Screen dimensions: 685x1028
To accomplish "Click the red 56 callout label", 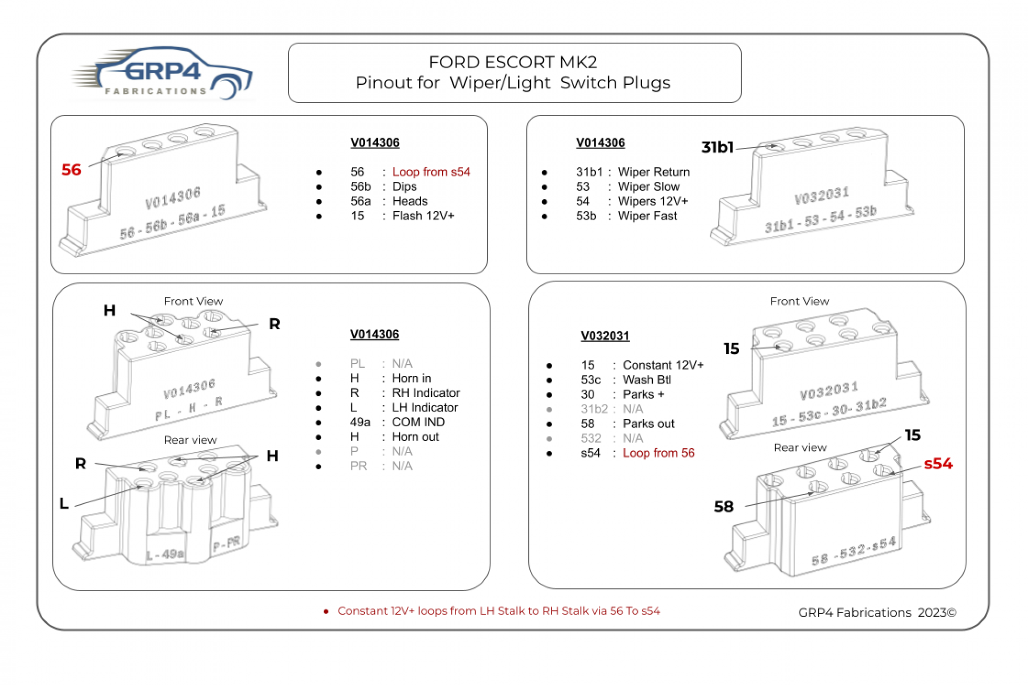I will [x=71, y=170].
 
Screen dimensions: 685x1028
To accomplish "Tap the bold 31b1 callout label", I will [x=718, y=147].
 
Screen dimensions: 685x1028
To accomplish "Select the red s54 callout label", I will [x=938, y=464].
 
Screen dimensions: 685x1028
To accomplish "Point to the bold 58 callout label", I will [x=724, y=507].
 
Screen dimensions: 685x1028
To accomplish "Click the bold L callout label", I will [x=64, y=503].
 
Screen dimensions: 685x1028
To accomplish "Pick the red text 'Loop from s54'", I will [x=431, y=172].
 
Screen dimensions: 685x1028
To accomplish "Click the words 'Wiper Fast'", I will [x=647, y=216].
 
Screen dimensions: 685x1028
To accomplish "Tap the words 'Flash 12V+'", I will [x=423, y=216].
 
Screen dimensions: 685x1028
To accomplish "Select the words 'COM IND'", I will [x=418, y=422].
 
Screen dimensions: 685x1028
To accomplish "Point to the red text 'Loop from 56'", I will [x=658, y=453].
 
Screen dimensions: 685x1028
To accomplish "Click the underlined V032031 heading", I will [x=605, y=336].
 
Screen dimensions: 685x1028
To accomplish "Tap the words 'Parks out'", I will [x=648, y=424].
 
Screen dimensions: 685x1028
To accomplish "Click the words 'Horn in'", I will [x=411, y=378].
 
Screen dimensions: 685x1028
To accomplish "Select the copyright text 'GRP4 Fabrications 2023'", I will [x=877, y=613].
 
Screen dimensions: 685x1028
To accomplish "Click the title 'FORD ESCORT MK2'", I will [x=513, y=62].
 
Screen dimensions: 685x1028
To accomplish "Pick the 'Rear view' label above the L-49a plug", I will [x=190, y=440].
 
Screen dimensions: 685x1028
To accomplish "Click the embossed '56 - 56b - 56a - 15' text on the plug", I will [x=172, y=222].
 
